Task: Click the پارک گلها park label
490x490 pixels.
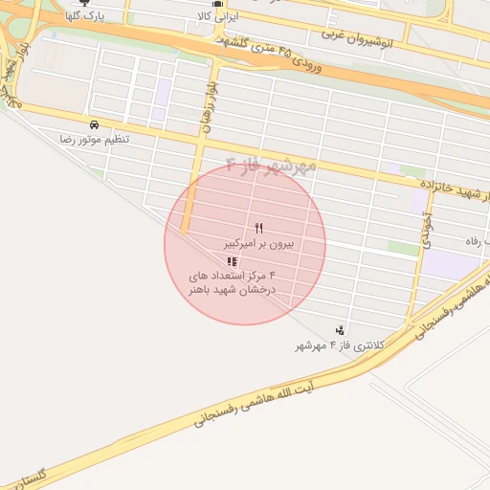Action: (x=84, y=17)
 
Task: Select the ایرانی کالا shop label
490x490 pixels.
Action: (x=216, y=17)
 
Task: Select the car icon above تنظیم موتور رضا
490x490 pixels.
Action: (x=94, y=125)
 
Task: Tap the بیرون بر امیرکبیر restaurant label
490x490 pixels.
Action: (x=258, y=244)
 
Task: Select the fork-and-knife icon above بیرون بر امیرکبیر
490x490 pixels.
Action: (x=258, y=228)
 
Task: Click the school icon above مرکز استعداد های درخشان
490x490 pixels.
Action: (x=231, y=260)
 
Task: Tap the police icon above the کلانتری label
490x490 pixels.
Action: (x=340, y=330)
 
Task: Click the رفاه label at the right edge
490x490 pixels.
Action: (x=477, y=240)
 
